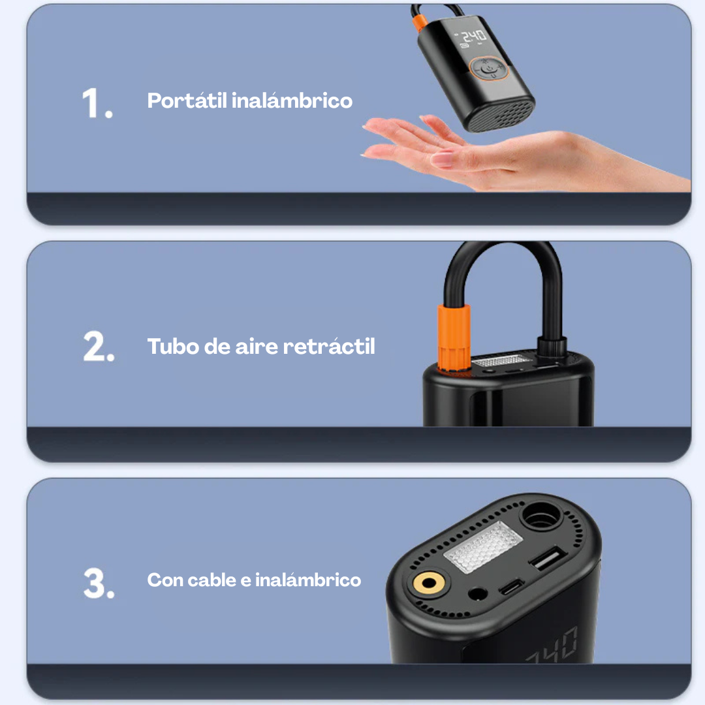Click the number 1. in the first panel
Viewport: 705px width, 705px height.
pyautogui.click(x=97, y=102)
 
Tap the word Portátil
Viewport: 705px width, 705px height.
pyautogui.click(x=187, y=101)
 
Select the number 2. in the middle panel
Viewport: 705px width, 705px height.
pyautogui.click(x=99, y=347)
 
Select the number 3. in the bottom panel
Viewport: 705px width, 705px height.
pyautogui.click(x=99, y=583)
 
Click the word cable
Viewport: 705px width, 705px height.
pyautogui.click(x=211, y=580)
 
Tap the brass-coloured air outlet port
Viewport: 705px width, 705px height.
pyautogui.click(x=430, y=584)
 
